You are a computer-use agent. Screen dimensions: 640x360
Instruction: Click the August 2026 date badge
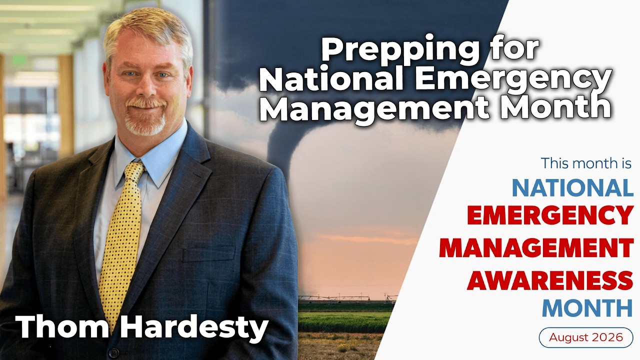(586, 337)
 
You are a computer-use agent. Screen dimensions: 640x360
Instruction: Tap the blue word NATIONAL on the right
(572, 187)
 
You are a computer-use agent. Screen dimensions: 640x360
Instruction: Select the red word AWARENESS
(550, 280)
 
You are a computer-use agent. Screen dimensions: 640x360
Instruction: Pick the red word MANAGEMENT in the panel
(536, 248)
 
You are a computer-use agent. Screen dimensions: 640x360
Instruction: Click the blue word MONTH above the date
(587, 308)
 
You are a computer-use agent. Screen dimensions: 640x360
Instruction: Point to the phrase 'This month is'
(586, 163)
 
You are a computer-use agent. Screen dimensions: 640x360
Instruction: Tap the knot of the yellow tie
(134, 171)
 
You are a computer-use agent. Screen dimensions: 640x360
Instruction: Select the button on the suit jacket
(113, 351)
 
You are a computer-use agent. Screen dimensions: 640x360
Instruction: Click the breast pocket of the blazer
(208, 253)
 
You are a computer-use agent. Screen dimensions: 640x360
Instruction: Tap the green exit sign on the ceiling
(19, 59)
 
